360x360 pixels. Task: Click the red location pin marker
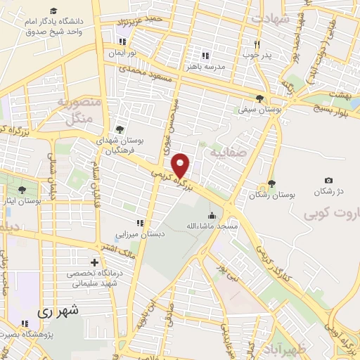click(x=181, y=165)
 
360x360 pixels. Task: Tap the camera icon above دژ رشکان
click(x=328, y=181)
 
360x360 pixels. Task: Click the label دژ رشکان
click(x=328, y=191)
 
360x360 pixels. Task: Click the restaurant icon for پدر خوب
click(x=257, y=44)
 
